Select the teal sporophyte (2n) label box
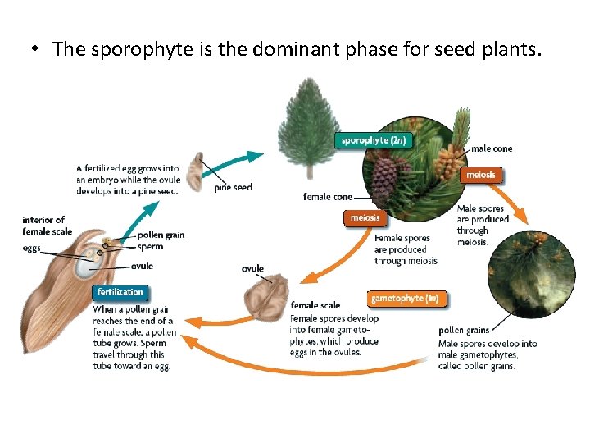click(x=373, y=140)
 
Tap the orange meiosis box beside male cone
click(x=480, y=175)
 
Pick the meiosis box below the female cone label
click(x=365, y=218)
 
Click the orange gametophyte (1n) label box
click(x=409, y=299)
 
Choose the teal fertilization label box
click(x=120, y=292)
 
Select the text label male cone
click(x=492, y=148)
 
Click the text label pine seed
click(x=233, y=188)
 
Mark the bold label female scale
click(x=315, y=306)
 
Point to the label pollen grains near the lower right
click(x=464, y=331)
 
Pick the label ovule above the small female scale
click(x=253, y=268)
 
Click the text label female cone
click(x=328, y=197)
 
